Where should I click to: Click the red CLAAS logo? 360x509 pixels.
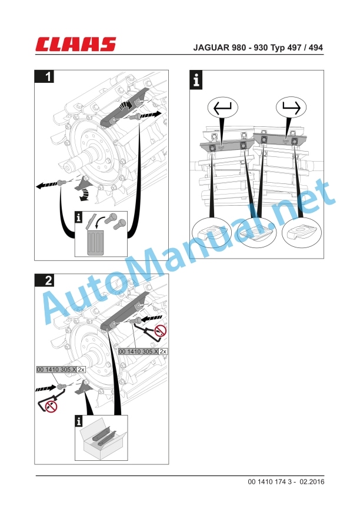pos(76,44)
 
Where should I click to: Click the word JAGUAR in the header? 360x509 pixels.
pos(212,48)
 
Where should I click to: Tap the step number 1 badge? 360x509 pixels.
pos(44,76)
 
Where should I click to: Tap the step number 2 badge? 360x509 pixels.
pos(44,280)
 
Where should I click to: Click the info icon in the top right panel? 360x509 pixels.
pos(196,80)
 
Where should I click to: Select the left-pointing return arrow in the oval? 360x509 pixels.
pos(222,108)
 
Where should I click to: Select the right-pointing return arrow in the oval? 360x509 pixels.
pos(291,108)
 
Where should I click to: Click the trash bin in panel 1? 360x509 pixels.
pos(96,241)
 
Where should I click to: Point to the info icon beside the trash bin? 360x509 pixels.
pos(79,217)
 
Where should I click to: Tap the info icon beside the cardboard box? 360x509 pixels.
pos(79,421)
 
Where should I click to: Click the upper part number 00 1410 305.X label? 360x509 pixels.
pos(138,351)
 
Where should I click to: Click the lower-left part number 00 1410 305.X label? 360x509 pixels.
pos(56,370)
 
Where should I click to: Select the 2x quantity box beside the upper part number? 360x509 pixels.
pos(163,351)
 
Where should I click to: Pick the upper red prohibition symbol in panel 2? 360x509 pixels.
pos(160,331)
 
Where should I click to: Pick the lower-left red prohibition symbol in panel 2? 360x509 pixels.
pos(51,406)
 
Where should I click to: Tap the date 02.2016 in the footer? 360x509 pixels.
pos(312,482)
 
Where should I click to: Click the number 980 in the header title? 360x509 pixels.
pos(239,48)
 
